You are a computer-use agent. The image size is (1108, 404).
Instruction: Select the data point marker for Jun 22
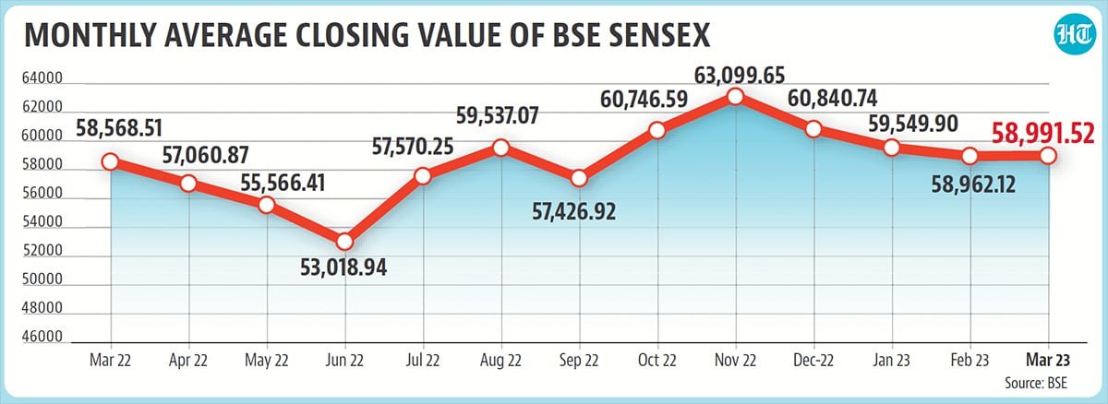click(x=344, y=242)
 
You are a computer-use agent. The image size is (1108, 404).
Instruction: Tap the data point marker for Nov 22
click(x=735, y=96)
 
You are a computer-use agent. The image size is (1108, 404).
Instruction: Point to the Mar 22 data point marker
click(x=110, y=161)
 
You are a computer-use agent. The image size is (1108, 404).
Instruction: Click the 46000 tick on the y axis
click(x=41, y=338)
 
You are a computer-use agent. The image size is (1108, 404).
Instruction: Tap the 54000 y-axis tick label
click(x=41, y=223)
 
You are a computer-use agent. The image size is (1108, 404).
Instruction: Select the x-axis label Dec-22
click(x=813, y=358)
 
